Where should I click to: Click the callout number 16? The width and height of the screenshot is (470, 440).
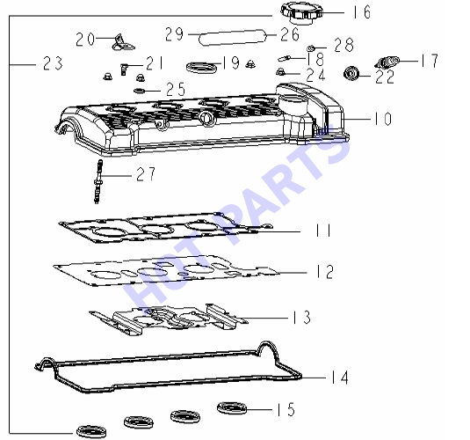pos(361,12)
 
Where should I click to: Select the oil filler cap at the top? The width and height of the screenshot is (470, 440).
pos(301,13)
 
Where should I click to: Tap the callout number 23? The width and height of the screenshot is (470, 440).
pos(53,63)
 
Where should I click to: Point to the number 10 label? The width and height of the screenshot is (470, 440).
pos(382,119)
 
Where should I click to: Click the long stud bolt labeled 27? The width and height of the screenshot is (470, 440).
pos(98,181)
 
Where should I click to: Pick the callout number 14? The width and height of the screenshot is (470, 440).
pos(340,378)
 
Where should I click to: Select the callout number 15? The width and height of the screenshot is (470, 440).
pos(286,409)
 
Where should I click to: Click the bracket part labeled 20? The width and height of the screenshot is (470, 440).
pos(123,42)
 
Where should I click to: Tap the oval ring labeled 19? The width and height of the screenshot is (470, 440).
pos(201,67)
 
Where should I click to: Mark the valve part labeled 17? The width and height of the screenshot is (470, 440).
pos(387,62)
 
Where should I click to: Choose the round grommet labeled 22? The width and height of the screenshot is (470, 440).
pos(351,73)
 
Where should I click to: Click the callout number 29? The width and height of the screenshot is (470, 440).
pos(174,34)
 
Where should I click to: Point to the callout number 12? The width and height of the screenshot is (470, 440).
pos(325,272)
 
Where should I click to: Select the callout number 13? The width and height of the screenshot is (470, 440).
pos(301,317)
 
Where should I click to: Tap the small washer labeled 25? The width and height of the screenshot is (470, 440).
pos(139,90)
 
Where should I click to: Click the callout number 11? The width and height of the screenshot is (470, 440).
pos(323,231)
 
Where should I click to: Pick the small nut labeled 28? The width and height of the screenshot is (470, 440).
pos(311,48)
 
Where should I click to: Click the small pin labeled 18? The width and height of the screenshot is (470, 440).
pos(284,58)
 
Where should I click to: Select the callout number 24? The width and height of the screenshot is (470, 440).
pos(315,75)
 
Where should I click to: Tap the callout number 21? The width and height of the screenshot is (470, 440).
pos(155,63)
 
